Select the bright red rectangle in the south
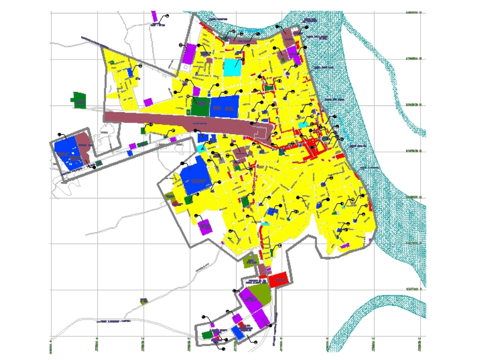click(278, 279)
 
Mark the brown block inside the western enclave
click(86, 147)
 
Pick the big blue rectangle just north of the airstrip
click(224, 106)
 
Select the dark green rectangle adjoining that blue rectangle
click(201, 105)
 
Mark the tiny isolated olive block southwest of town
click(144, 301)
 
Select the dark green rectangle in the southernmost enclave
click(207, 336)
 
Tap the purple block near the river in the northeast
click(293, 52)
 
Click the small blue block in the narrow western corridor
click(130, 152)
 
